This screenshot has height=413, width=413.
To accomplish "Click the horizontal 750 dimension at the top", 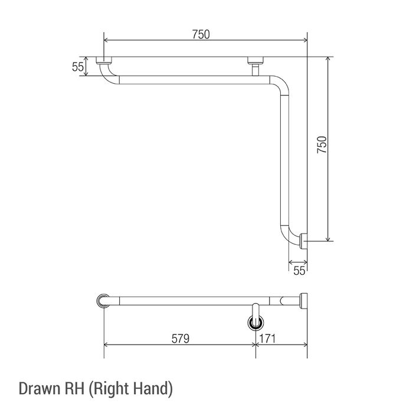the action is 201,34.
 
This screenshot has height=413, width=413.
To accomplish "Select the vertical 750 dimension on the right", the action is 322,145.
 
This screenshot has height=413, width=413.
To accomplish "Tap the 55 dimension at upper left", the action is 78,67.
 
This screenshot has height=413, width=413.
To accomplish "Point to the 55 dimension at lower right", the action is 299,270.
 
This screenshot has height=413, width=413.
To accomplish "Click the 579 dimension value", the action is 181,339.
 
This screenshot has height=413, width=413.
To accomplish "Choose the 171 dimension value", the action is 268,339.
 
